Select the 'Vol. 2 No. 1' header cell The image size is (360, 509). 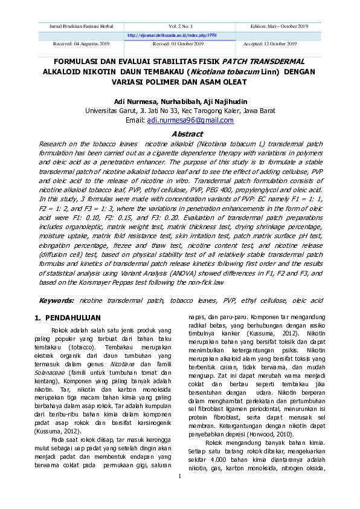click(180, 27)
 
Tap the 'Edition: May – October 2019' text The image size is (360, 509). click(280, 27)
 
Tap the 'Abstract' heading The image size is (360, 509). click(187, 134)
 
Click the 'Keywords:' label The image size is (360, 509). click(57, 300)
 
